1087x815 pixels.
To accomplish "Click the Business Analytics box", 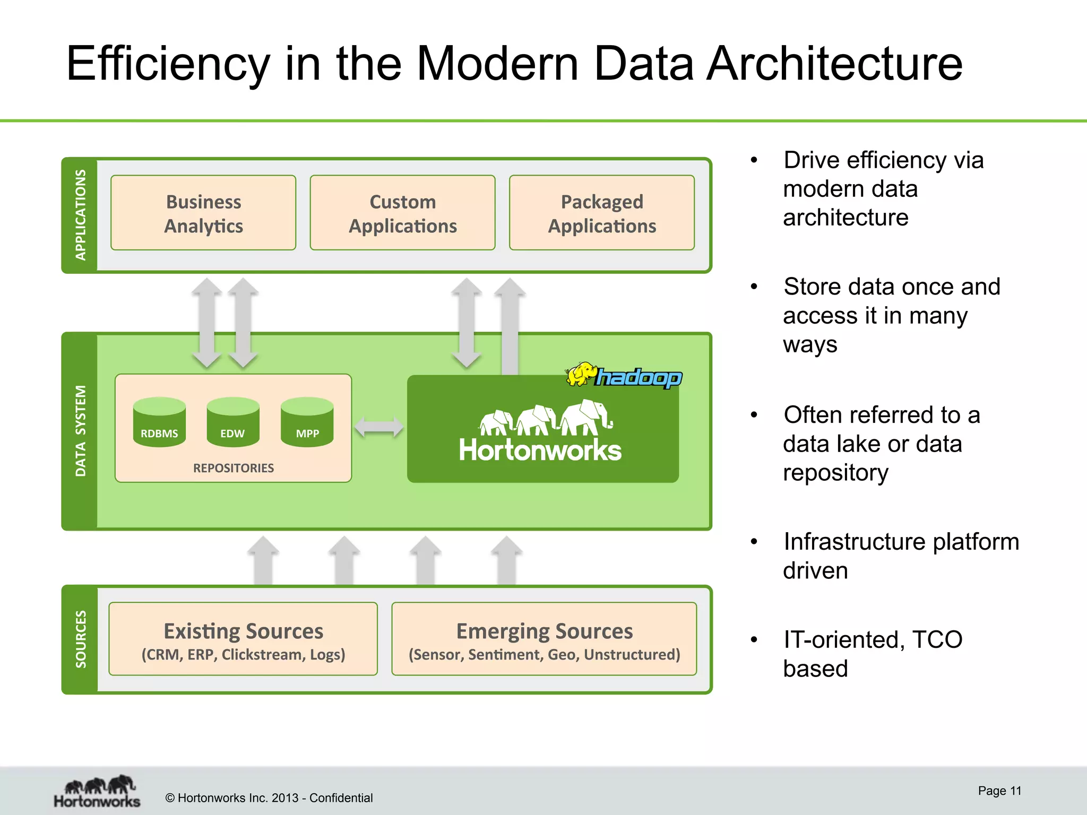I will point(203,213).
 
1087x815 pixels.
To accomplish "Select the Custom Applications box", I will point(402,213).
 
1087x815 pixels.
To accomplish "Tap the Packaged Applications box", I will point(602,213).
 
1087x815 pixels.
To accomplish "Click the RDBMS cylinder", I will point(159,422).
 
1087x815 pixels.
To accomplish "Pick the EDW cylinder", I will point(233,422).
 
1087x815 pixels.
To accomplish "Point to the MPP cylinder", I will point(307,422).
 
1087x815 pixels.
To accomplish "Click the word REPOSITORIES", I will point(234,468).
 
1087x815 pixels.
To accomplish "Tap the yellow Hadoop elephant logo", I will point(582,375).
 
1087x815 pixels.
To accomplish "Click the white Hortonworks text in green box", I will point(540,450).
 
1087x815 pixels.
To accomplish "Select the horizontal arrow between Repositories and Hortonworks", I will point(379,427).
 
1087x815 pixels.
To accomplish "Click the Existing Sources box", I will point(243,639).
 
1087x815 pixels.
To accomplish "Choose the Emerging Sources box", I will point(544,639).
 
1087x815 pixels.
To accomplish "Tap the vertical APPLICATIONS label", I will point(80,215).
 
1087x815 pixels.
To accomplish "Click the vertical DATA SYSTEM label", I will point(80,431).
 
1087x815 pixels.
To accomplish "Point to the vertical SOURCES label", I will point(80,639).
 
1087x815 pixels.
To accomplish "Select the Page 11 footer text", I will point(999,791).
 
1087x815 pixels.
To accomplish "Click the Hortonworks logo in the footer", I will point(98,792).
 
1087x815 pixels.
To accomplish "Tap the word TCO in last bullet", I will point(937,639).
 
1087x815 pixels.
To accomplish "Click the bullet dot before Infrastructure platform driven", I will point(754,542).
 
